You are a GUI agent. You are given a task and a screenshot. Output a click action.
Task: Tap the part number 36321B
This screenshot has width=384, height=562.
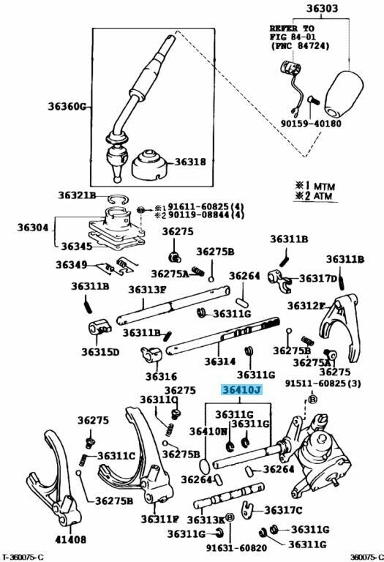pos(77,196)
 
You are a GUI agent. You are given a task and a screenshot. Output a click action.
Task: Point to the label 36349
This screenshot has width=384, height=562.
pos(71,264)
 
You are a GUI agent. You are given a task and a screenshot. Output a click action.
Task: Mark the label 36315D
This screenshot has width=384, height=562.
pos(99,352)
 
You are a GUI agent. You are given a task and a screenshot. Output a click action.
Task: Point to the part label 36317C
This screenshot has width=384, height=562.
pos(284,510)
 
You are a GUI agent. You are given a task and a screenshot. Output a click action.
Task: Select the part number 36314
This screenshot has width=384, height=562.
pos(217,361)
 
